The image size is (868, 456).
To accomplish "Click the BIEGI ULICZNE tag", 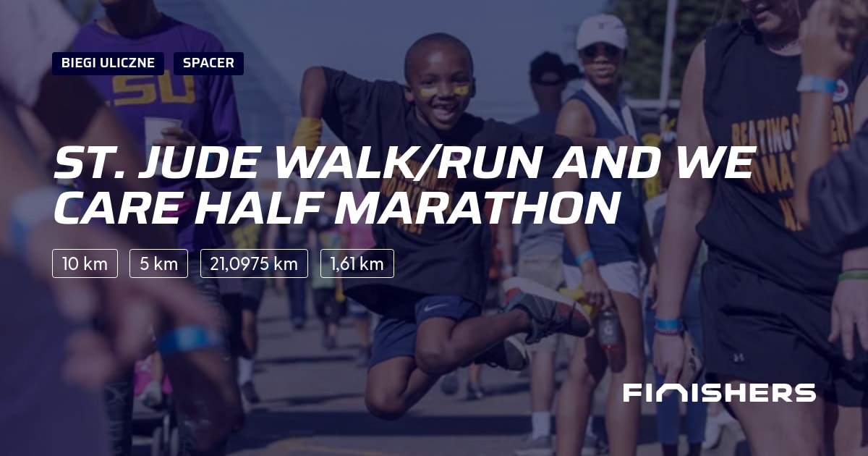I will pos(108,63).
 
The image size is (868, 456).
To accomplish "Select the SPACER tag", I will pos(208,63).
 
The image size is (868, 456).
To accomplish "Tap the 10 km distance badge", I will pos(85,263).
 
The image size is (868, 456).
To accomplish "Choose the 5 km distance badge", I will pos(158,263).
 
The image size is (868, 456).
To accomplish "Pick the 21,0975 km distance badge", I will pos(254,263).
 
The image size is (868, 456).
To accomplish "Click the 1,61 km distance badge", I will pos(357,263).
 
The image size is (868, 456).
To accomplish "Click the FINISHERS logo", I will pos(719,393).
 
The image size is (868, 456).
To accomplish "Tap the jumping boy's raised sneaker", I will pos(546,308).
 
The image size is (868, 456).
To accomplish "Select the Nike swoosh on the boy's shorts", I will pos(437,308).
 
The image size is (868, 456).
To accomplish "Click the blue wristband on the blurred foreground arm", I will pos(190,339).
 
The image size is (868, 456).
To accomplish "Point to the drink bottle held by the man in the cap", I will pos(609,330).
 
